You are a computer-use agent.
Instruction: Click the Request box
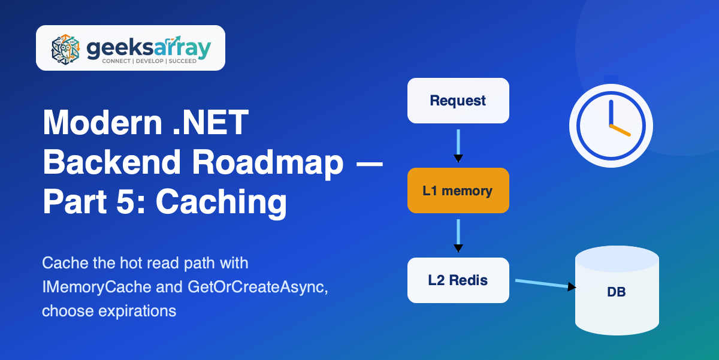[458, 101]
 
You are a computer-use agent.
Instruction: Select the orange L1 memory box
[458, 190]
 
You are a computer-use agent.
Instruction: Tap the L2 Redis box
[458, 280]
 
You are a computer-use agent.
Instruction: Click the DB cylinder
[617, 291]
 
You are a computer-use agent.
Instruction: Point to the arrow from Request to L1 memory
[458, 146]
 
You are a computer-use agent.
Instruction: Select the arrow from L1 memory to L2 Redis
[458, 235]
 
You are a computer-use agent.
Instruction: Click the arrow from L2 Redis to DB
[545, 284]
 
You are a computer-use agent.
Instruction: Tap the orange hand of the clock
[620, 130]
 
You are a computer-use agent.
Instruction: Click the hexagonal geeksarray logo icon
[65, 49]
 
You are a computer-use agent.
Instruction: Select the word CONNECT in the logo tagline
[116, 61]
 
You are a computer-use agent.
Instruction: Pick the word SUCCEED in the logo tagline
[183, 61]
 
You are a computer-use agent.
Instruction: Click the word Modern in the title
[102, 123]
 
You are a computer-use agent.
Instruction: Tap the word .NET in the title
[210, 123]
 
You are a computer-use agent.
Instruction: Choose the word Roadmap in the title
[268, 162]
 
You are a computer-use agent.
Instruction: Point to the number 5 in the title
[125, 201]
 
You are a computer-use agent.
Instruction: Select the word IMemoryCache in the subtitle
[96, 286]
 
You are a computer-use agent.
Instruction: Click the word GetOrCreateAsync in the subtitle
[258, 286]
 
